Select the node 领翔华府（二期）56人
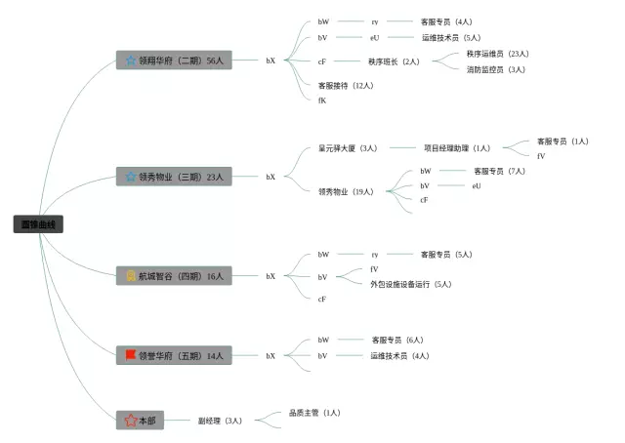click(174, 60)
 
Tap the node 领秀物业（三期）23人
click(174, 177)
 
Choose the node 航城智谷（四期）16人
click(174, 276)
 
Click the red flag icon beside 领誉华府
click(131, 355)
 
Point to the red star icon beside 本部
click(129, 421)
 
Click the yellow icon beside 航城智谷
click(131, 276)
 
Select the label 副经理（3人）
click(220, 421)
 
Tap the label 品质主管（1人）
click(314, 413)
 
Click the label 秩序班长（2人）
click(394, 60)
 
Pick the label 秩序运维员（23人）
click(497, 53)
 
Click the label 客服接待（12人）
click(346, 85)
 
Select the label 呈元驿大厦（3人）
click(348, 148)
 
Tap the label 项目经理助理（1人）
click(457, 148)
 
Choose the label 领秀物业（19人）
click(346, 191)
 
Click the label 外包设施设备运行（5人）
click(410, 284)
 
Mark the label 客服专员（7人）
click(499, 171)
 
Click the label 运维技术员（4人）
click(398, 355)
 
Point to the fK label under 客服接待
click(322, 100)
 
